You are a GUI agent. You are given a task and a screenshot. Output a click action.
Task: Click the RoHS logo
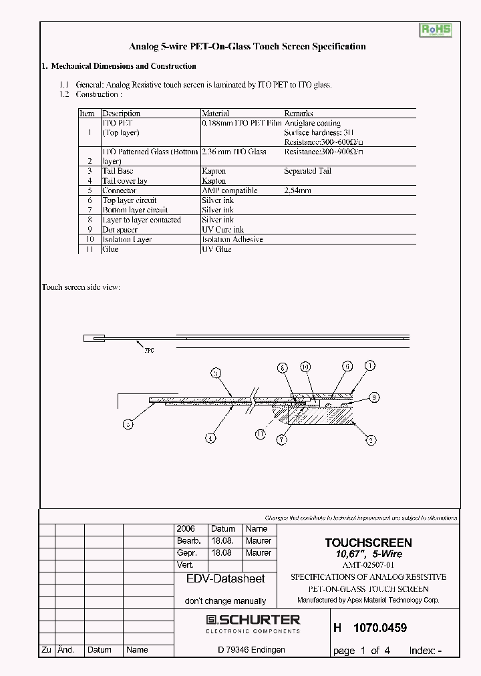(x=436, y=30)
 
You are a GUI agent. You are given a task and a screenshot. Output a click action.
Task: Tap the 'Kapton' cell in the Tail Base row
(x=214, y=171)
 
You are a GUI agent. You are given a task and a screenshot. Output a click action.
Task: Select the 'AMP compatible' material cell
(x=229, y=190)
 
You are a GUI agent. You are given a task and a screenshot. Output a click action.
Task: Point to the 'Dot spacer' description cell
(x=120, y=229)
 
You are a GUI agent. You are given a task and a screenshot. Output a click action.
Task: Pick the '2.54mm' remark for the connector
(x=298, y=190)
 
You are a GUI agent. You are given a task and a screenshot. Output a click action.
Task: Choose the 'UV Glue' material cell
(x=216, y=248)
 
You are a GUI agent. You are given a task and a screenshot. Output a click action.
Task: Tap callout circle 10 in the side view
(x=305, y=367)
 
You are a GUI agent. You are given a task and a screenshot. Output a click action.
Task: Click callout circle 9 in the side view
(x=374, y=397)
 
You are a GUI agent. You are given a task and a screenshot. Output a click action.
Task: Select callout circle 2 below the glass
(x=371, y=440)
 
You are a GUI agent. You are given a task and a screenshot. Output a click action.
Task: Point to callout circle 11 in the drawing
(x=261, y=434)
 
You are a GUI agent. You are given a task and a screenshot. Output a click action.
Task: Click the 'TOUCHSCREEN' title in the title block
(x=368, y=543)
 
